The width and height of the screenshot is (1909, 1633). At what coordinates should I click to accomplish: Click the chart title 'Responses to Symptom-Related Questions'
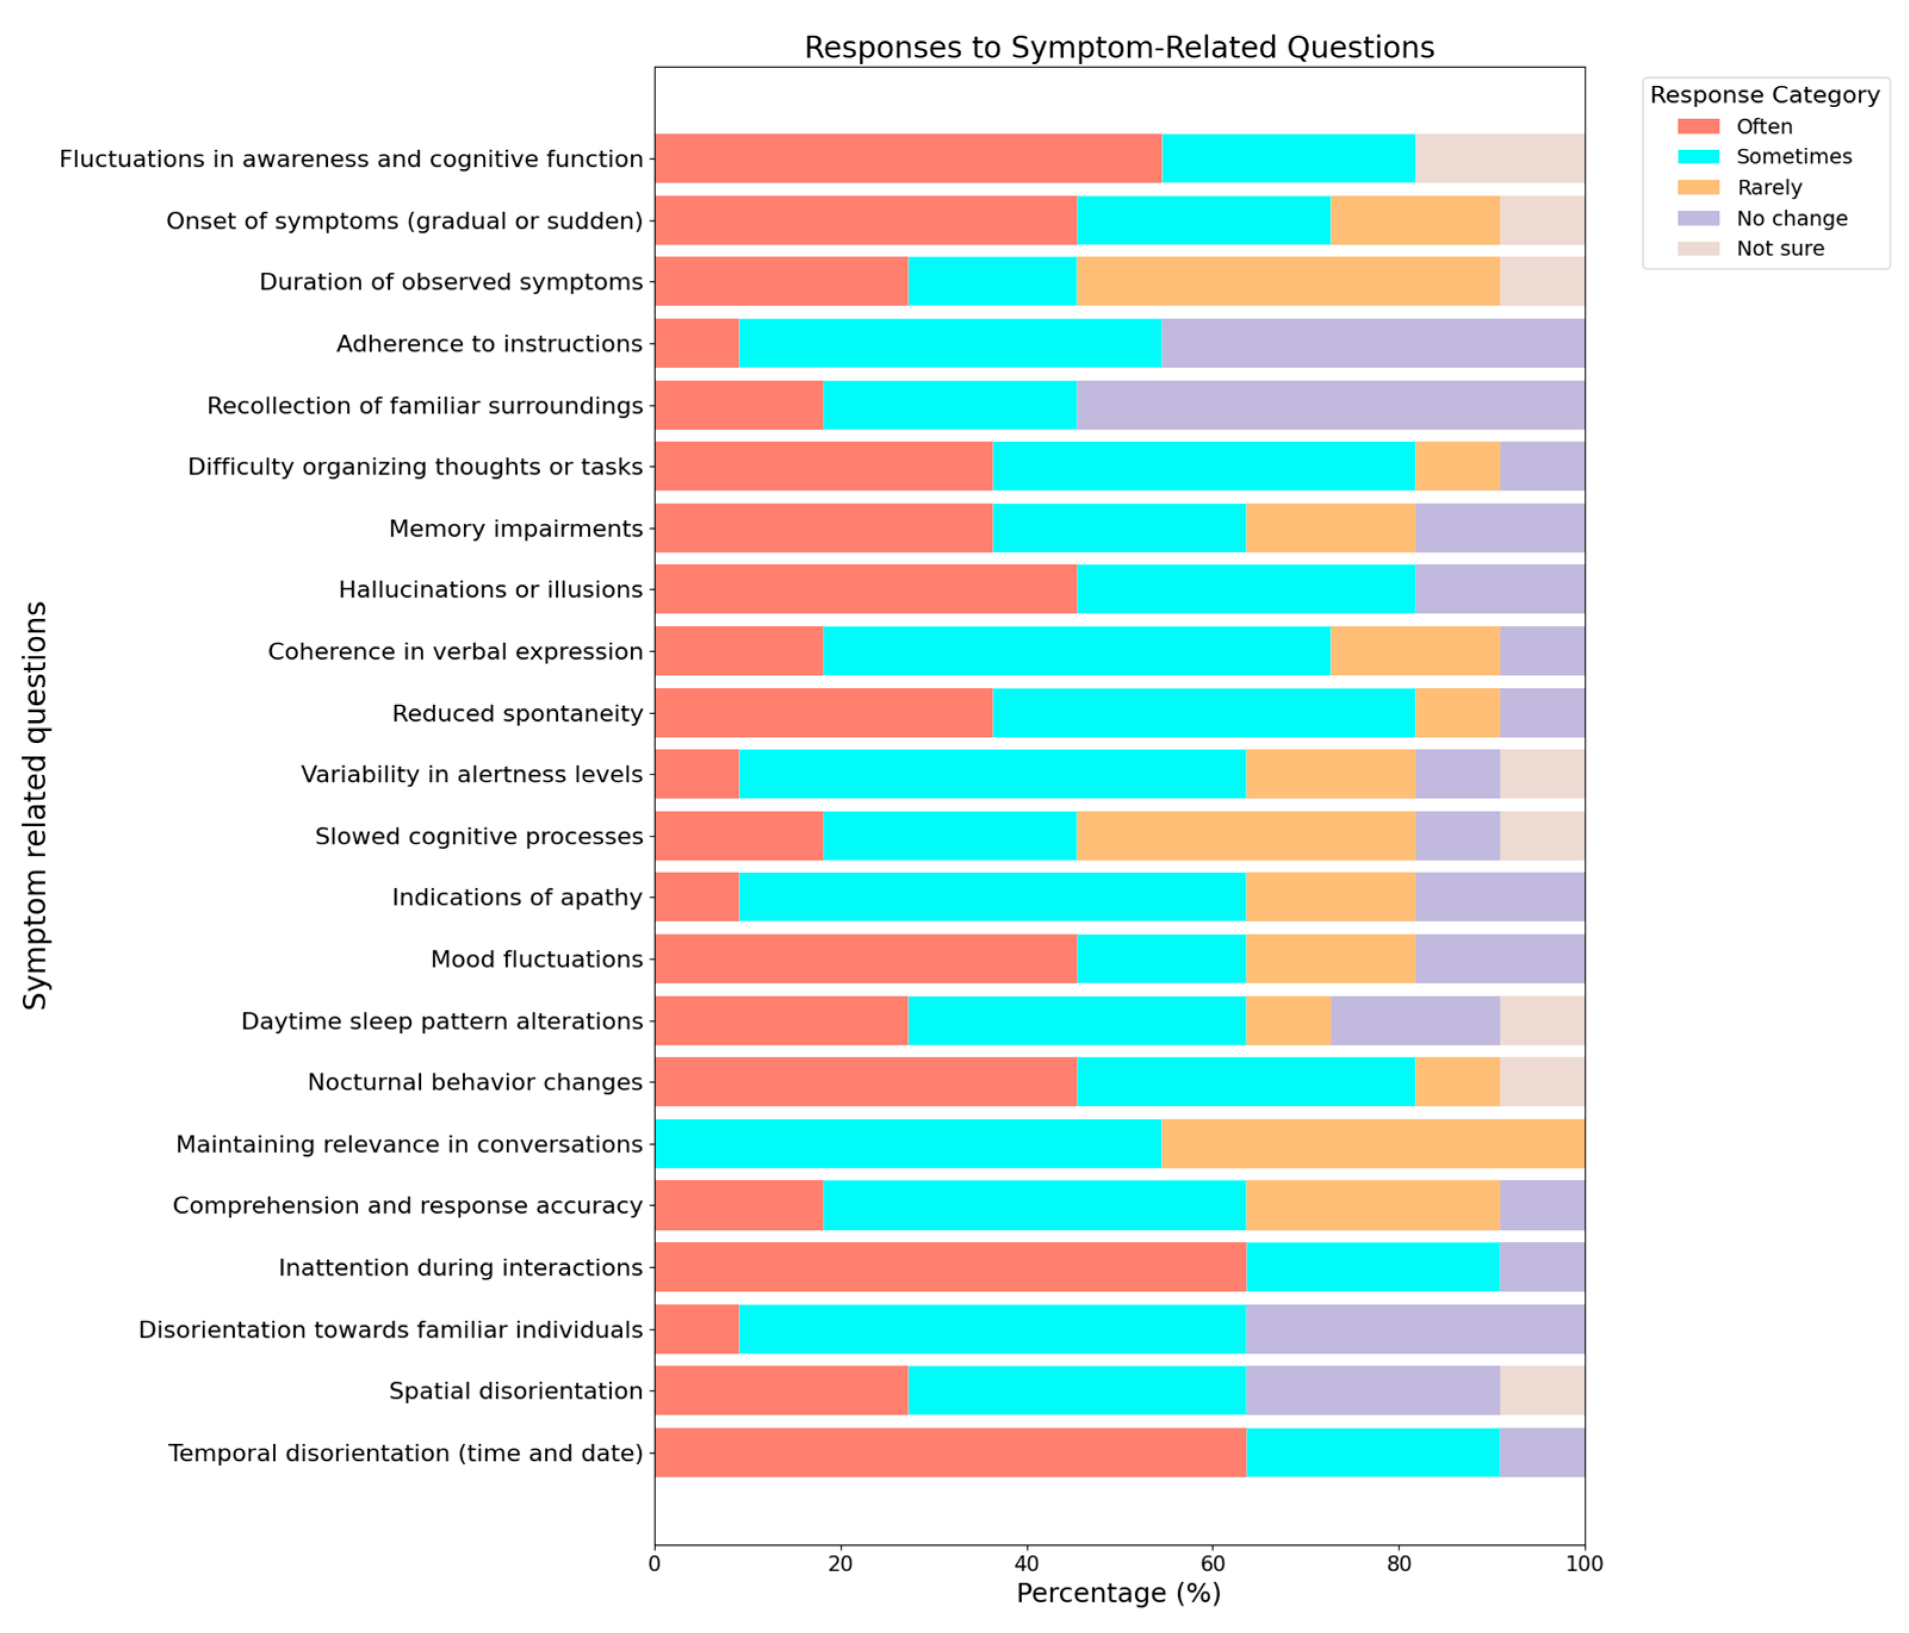click(1119, 47)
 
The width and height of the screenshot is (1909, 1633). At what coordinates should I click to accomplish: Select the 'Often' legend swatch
click(1698, 126)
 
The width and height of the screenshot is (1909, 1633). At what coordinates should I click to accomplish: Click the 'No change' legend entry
click(1791, 218)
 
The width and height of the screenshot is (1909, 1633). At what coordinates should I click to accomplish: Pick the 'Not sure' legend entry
click(1779, 248)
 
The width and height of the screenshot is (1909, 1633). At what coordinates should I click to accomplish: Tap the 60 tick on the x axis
click(1212, 1564)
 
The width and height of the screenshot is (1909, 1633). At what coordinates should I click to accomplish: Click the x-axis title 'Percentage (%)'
click(1119, 1594)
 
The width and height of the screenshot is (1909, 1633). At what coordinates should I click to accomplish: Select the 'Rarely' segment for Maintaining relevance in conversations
click(1373, 1144)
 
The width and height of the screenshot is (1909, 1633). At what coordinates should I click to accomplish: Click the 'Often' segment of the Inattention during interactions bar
click(950, 1267)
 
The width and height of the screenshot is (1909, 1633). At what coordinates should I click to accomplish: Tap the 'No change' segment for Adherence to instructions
click(1373, 344)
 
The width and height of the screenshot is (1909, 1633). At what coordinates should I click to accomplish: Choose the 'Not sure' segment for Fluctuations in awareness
click(1500, 158)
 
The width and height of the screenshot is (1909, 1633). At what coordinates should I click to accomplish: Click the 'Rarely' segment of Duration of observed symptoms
click(1288, 282)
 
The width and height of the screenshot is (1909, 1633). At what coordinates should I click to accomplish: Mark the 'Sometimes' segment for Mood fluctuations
click(1161, 959)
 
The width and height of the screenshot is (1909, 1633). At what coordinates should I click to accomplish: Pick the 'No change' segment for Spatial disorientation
click(1373, 1391)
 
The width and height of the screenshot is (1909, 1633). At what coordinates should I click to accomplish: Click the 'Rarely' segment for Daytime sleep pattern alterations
click(1288, 1021)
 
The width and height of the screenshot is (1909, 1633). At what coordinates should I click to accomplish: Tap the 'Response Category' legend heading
click(1764, 95)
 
